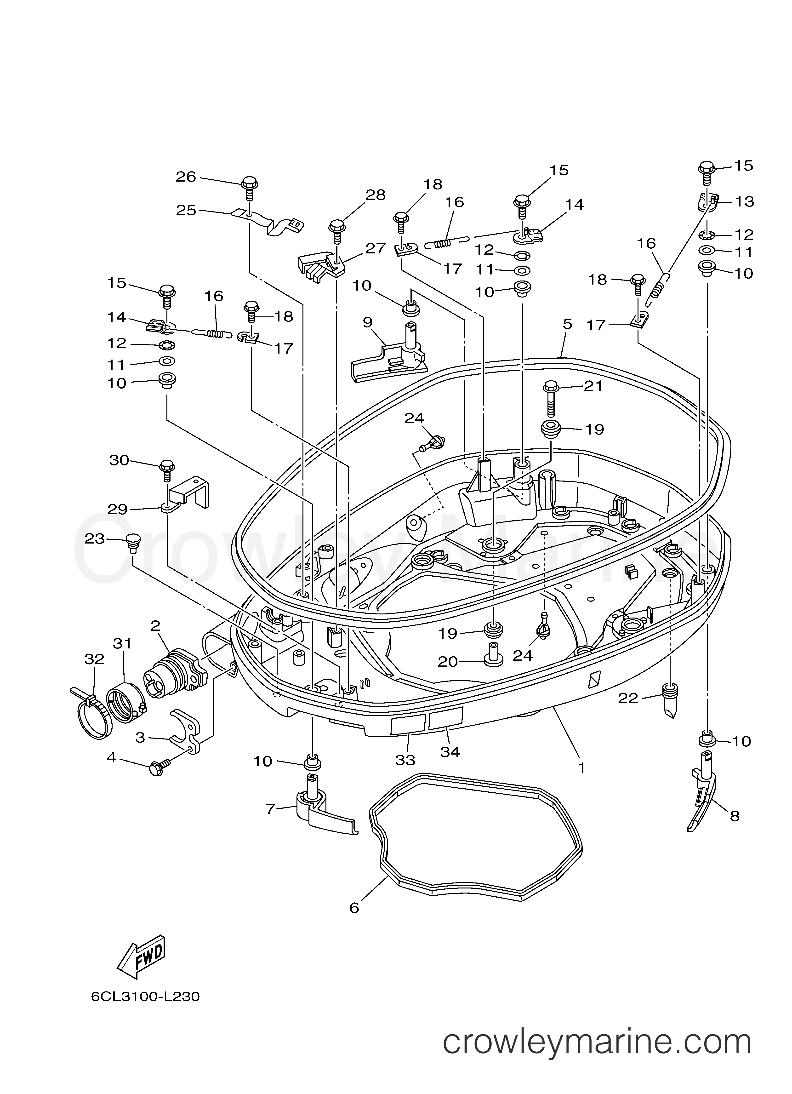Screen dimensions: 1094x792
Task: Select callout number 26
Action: pos(186,177)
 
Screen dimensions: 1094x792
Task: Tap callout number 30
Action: pos(119,461)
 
